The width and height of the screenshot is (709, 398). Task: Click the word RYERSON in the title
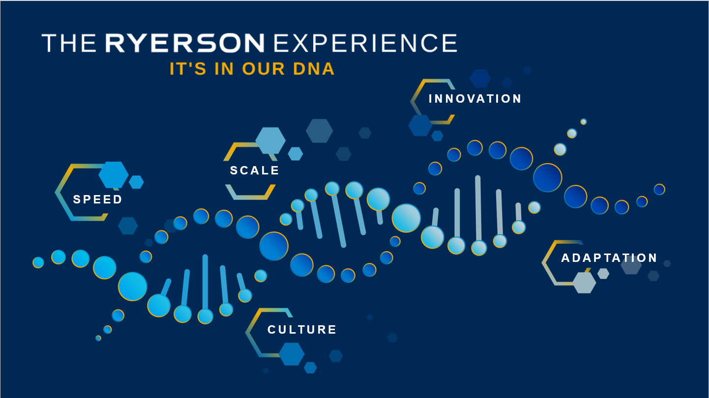[x=185, y=43]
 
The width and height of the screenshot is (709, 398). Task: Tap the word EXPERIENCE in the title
[x=365, y=43]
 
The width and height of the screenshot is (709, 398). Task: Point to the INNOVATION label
[x=475, y=99]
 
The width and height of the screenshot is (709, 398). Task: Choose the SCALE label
[x=255, y=171]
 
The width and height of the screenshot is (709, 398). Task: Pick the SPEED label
[x=98, y=199]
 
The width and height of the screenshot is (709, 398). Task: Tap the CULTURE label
[x=302, y=330]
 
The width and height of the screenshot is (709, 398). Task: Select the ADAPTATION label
[x=609, y=258]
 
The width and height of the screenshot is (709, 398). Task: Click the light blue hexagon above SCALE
[x=270, y=140]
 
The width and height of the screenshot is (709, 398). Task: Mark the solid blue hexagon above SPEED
[x=114, y=174]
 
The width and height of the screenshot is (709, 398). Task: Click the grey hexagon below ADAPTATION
[x=584, y=283]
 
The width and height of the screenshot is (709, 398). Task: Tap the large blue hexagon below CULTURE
[x=292, y=354]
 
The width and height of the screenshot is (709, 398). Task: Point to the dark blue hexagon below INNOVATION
[x=420, y=125]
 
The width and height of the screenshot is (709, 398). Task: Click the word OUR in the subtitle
[x=263, y=69]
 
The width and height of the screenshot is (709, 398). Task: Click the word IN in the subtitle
[x=224, y=69]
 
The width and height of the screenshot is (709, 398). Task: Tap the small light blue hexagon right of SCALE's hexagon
[x=295, y=154]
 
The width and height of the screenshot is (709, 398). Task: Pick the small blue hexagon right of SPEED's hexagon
[x=136, y=182]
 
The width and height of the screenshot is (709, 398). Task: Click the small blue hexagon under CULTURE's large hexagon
[x=310, y=368]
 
